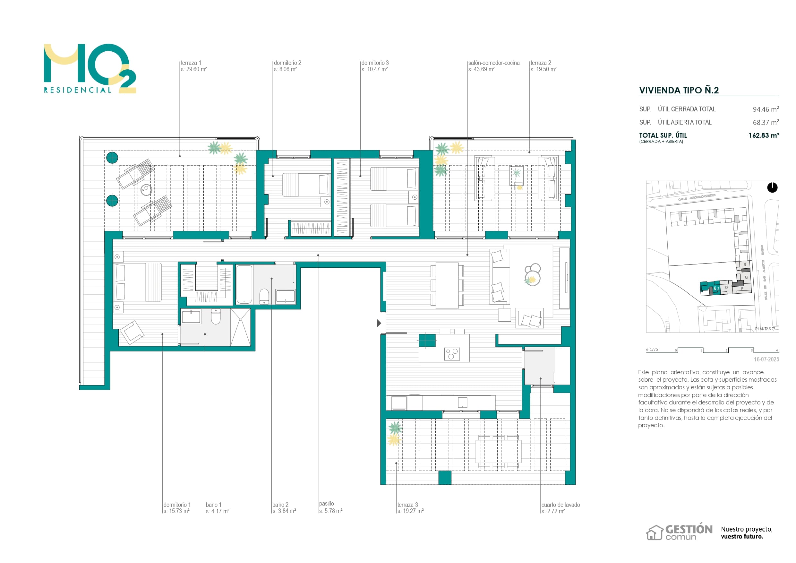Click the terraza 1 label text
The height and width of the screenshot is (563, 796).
pos(191,63)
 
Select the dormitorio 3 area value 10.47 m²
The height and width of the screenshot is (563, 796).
pos(374,69)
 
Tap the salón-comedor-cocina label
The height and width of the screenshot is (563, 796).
pos(494,63)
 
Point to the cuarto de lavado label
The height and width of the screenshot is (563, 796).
pos(560,505)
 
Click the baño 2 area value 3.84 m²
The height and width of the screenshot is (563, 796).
pos(284,511)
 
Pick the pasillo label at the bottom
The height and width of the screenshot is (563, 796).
pos(327,503)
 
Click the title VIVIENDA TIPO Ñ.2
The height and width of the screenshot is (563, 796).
pos(679,90)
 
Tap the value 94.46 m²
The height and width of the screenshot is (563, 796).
pos(766,109)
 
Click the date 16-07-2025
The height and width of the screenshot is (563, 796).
pos(766,359)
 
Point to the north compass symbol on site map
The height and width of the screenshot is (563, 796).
pos(772,187)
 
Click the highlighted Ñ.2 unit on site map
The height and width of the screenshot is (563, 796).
pos(716,289)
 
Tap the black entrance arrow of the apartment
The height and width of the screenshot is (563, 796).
pos(379,323)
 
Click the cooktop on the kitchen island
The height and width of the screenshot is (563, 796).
pos(452,354)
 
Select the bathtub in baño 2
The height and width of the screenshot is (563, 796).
pos(244,284)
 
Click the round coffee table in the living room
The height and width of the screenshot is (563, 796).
pos(533,279)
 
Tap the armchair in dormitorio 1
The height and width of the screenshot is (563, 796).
pos(132,332)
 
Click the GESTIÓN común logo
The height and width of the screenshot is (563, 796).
pos(679,532)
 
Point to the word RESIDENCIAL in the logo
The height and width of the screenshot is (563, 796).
pos(78,90)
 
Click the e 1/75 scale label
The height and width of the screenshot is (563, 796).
pos(652,350)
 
